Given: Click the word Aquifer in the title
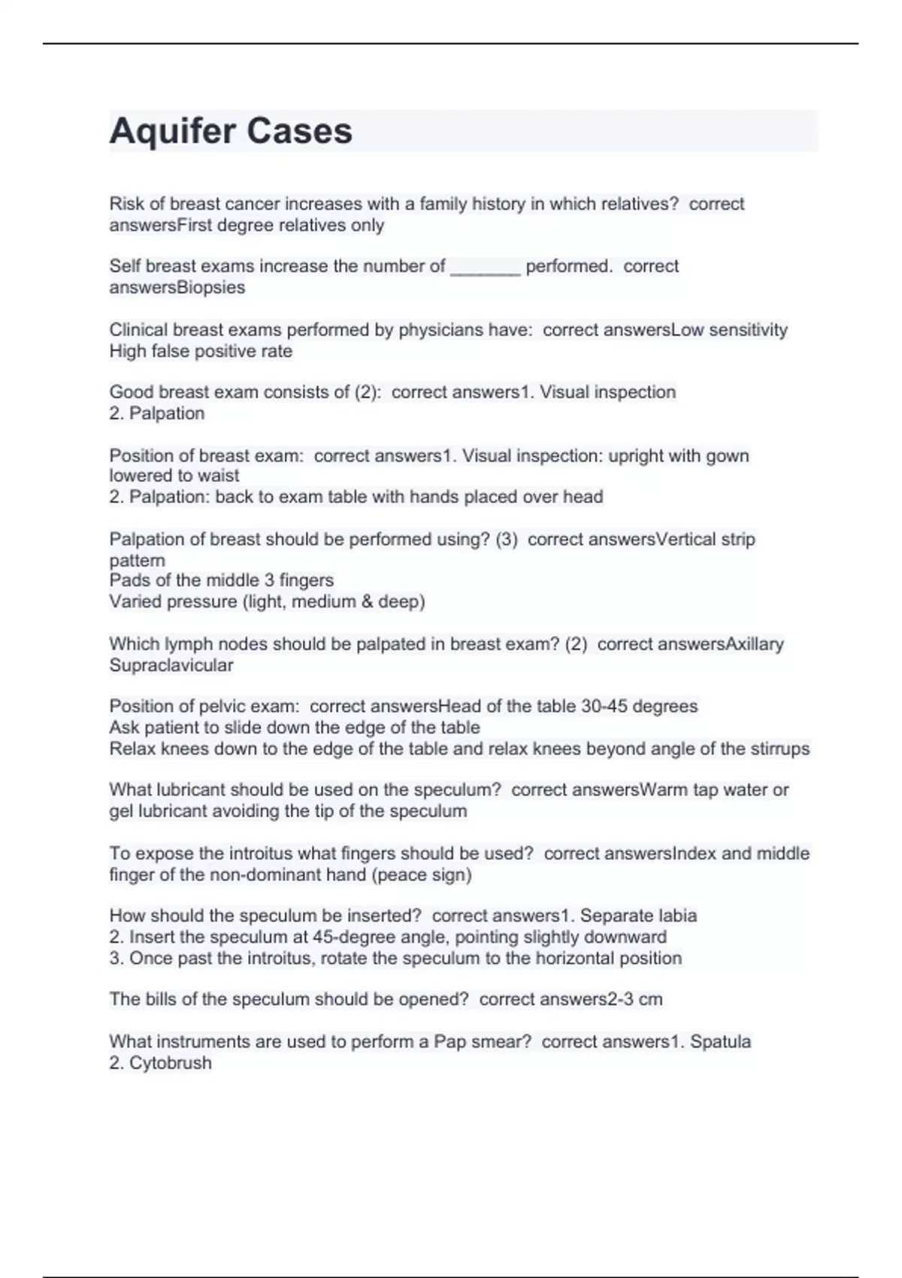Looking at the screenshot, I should tap(171, 131).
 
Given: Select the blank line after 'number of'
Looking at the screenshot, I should tap(485, 267).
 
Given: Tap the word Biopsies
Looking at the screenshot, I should tap(211, 288).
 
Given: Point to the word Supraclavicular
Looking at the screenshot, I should tap(171, 665).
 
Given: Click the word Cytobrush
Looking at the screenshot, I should tap(171, 1063).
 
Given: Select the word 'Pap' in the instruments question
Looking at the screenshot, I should tap(450, 1042).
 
